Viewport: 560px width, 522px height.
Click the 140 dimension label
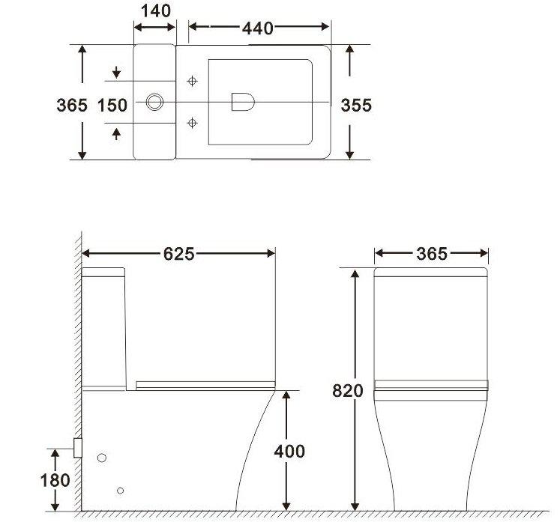155,10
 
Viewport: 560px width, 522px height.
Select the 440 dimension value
258,28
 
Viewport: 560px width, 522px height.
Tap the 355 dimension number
357,105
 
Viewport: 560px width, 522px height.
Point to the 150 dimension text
112,105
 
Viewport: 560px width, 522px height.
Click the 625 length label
179,255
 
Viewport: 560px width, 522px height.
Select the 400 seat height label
289,451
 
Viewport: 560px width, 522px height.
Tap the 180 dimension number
55,480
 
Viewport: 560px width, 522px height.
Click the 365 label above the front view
431,255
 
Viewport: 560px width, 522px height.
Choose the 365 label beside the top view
72,105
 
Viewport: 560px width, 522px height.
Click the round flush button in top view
155,101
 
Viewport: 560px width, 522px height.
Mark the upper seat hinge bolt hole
193,81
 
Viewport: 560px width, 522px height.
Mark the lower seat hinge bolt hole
193,121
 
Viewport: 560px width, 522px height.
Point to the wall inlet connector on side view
77,447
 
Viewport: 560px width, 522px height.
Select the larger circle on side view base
103,458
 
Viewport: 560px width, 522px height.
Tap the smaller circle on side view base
120,491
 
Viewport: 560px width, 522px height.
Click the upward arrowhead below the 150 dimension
116,133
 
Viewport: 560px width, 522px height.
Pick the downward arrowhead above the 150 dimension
116,73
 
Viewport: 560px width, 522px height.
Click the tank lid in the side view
103,273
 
